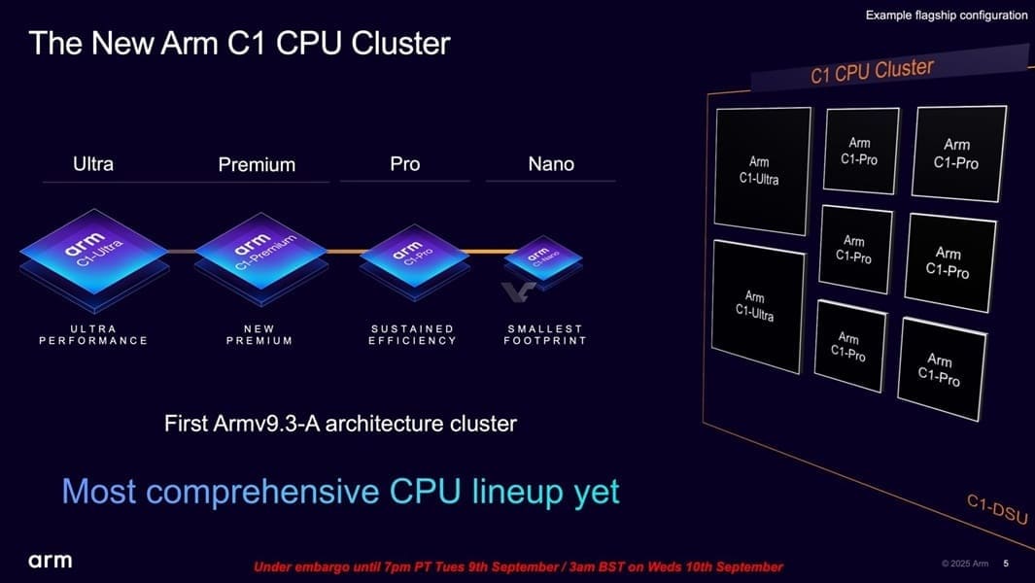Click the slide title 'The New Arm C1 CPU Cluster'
pos(240,44)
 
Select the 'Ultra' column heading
pos(93,164)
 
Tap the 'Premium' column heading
pos(257,164)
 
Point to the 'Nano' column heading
pos(551,164)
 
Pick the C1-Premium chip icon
pos(261,257)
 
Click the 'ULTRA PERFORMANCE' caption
pos(93,335)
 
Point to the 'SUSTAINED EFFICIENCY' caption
pos(413,335)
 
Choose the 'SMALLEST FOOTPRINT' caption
pos(545,335)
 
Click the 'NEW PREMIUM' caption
pos(259,335)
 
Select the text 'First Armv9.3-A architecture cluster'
pos(340,424)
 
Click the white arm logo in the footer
pos(51,562)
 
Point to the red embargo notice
pos(518,566)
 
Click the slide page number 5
pos(1006,564)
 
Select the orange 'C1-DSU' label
pos(997,509)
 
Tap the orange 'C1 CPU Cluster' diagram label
pos(872,71)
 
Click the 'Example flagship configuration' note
pos(947,16)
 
